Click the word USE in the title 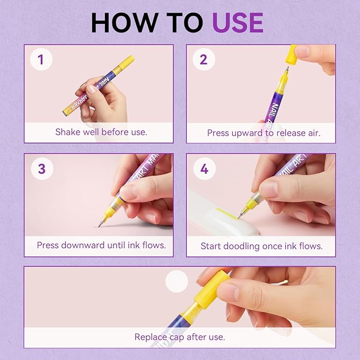238,22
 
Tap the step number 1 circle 41,59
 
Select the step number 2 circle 204,59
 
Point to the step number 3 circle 42,169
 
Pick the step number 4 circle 204,169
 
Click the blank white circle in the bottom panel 177,281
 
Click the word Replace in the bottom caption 151,337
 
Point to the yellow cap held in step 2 291,55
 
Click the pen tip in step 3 100,224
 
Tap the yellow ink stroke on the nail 226,213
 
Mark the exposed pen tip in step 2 286,71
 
